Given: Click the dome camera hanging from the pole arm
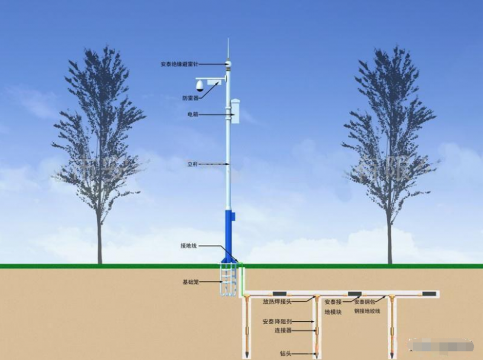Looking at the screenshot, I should pyautogui.click(x=200, y=86).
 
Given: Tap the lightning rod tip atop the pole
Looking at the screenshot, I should pyautogui.click(x=228, y=44).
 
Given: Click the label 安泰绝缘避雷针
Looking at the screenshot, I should pyautogui.click(x=179, y=64).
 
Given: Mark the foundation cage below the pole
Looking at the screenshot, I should pyautogui.click(x=228, y=280).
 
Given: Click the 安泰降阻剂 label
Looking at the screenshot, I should pyautogui.click(x=276, y=322).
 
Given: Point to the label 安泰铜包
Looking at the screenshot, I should pyautogui.click(x=367, y=302).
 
